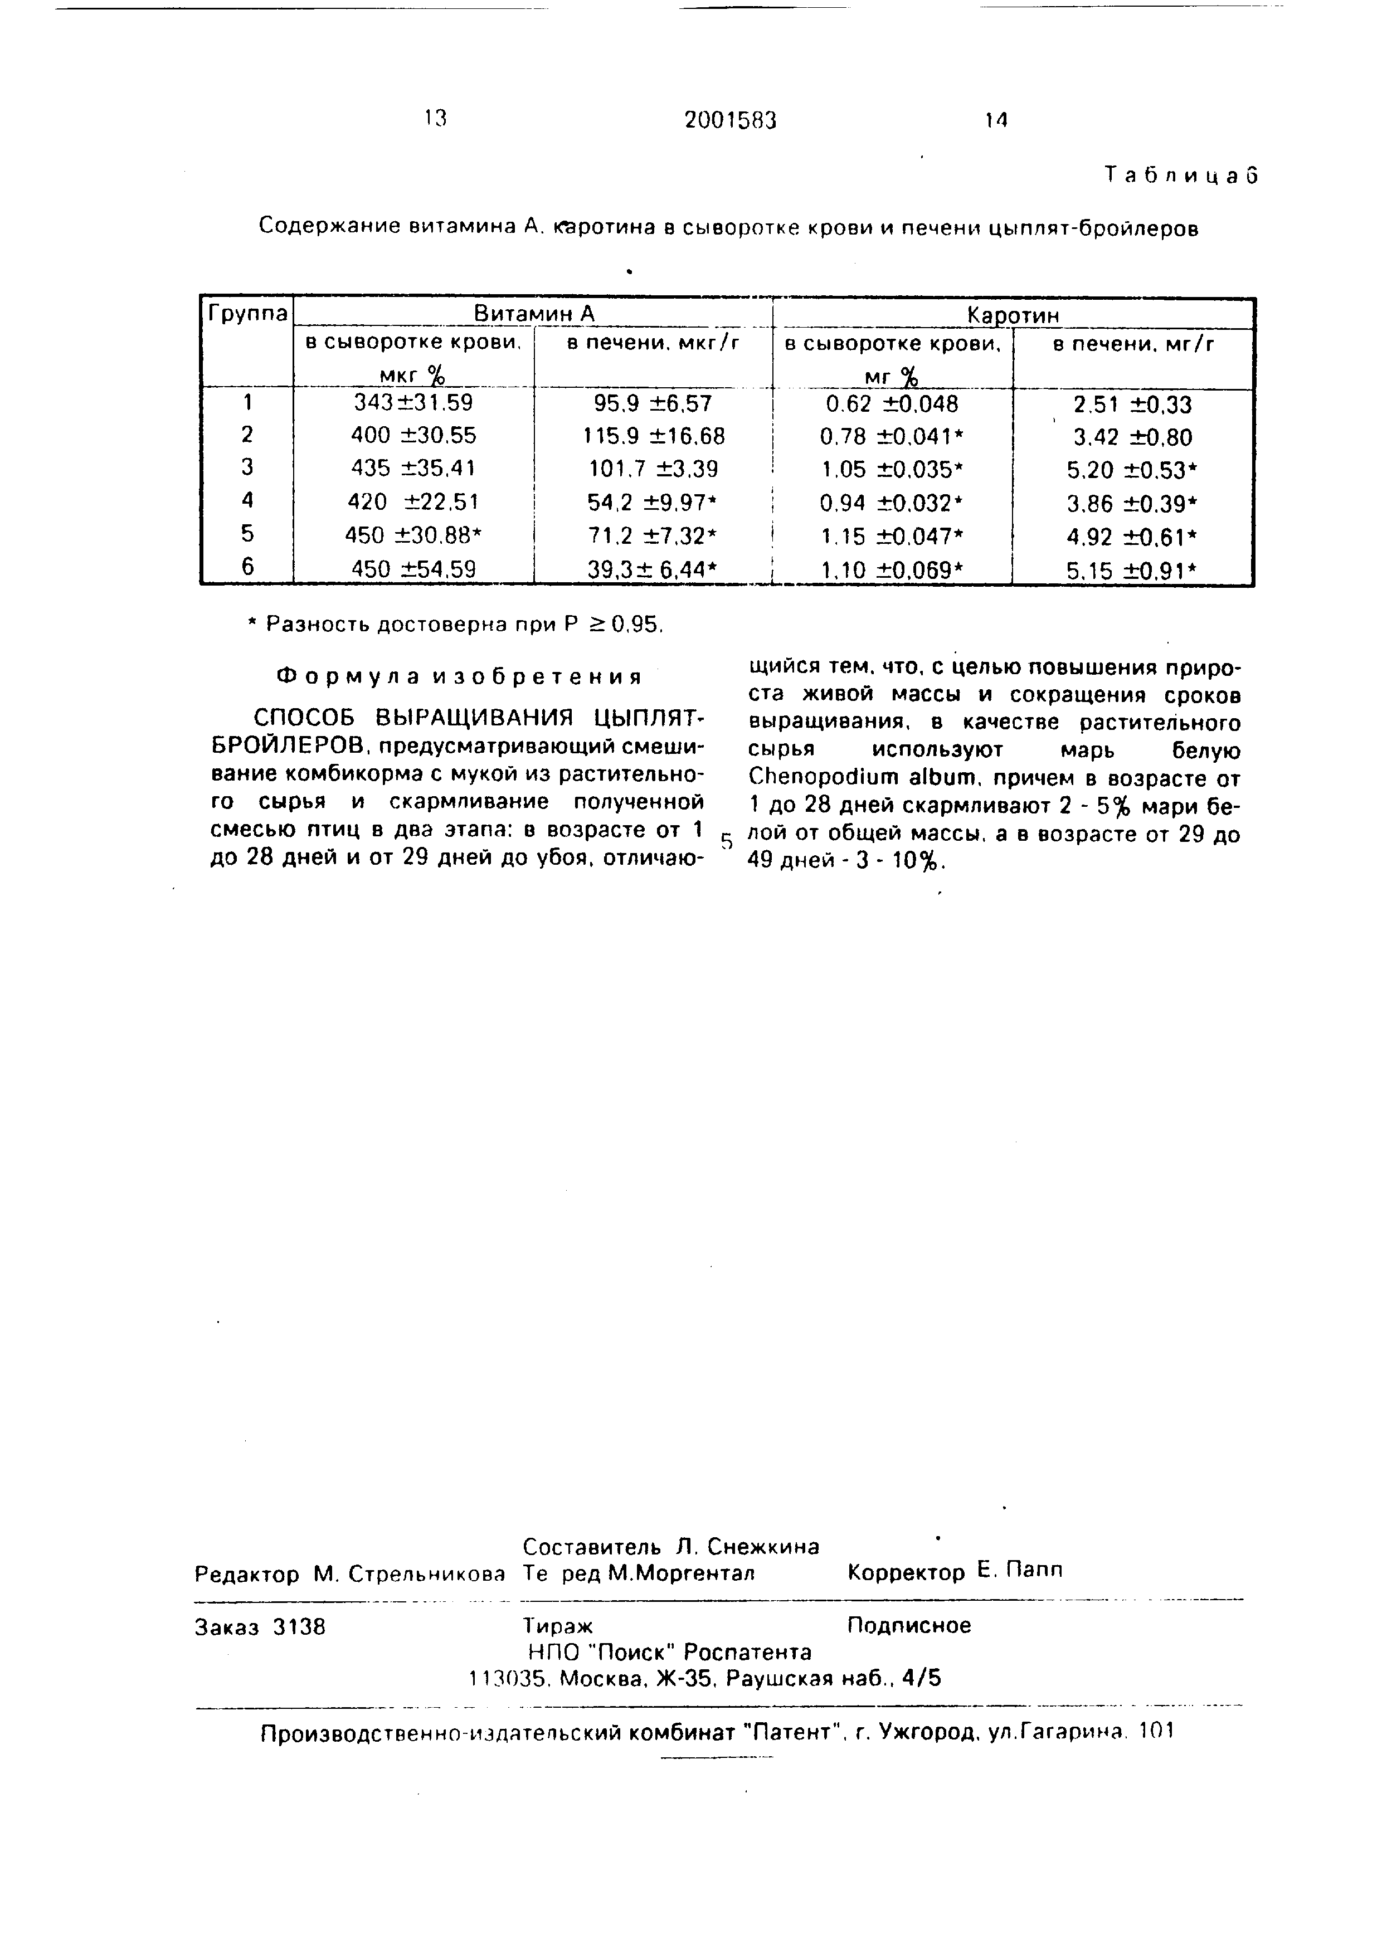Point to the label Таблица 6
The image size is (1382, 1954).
(1180, 176)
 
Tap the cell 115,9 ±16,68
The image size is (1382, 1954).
(654, 437)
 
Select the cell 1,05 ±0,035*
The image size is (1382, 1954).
(891, 470)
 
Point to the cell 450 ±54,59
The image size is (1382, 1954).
(413, 568)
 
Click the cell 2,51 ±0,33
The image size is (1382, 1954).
(1132, 405)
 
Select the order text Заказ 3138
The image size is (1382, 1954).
(260, 1626)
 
